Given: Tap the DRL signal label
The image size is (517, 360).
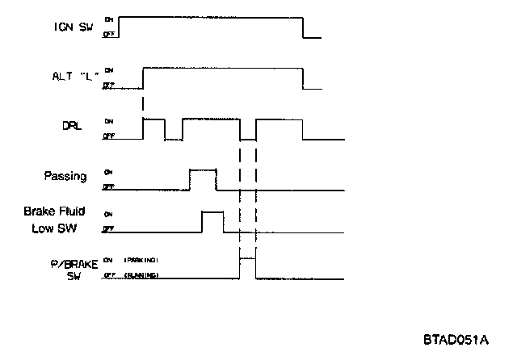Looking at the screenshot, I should tap(72, 128).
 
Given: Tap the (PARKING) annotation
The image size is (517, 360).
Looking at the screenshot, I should tap(141, 260).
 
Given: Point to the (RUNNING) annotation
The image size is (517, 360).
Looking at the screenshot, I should tap(141, 275).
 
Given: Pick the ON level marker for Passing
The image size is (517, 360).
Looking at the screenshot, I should tap(107, 172).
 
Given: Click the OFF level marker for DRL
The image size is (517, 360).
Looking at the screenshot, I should tap(107, 137).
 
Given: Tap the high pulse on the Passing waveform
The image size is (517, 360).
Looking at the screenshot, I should tap(203, 170).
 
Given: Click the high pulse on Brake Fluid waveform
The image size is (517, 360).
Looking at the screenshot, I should tap(212, 211).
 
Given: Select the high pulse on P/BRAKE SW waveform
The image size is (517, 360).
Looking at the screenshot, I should tap(247, 259).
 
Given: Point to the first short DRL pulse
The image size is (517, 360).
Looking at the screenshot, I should tap(153, 119).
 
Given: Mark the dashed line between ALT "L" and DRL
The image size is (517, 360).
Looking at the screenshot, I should tap(143, 103).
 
